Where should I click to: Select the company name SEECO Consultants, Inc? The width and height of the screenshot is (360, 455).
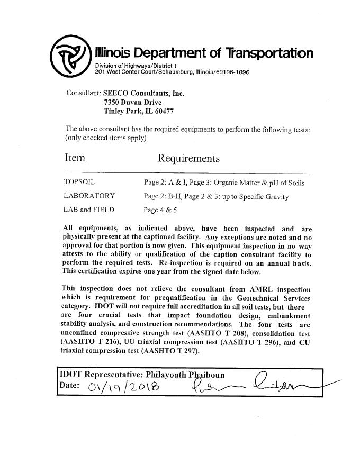143,93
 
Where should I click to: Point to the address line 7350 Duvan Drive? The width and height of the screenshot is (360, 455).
133,102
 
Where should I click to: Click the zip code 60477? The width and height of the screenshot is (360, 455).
162,111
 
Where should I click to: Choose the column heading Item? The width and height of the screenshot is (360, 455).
75,158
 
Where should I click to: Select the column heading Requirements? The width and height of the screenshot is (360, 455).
188,159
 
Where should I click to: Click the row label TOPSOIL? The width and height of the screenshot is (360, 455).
79,183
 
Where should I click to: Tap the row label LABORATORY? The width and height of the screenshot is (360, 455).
89,196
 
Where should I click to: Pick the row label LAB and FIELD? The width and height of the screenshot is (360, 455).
88,210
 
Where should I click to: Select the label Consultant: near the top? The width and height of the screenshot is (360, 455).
83,93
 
